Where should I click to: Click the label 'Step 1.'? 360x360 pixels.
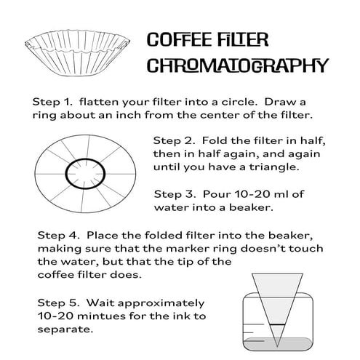click(52, 100)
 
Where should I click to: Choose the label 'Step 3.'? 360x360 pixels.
click(175, 194)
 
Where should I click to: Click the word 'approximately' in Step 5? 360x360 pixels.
click(164, 302)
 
